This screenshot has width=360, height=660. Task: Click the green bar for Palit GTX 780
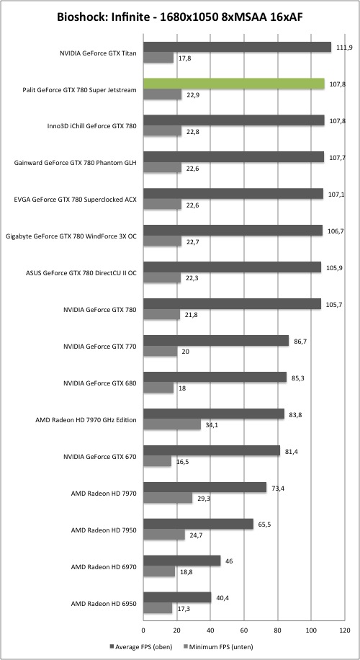tap(234, 84)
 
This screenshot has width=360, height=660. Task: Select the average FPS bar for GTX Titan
tap(237, 47)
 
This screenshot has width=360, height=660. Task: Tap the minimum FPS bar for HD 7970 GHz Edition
tap(172, 424)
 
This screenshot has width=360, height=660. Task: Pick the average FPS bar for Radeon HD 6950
tap(177, 597)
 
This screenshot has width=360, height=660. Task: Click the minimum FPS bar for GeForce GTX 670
tap(157, 461)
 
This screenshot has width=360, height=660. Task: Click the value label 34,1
tap(211, 424)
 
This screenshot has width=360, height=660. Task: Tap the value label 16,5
tap(181, 462)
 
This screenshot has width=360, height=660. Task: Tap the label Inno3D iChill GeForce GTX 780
tap(92, 126)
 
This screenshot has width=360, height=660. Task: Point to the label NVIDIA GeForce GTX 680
tap(100, 383)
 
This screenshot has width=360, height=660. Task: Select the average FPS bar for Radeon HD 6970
tap(182, 561)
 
